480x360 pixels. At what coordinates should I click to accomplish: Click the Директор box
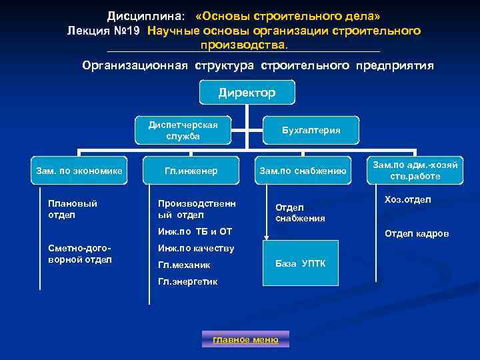247,93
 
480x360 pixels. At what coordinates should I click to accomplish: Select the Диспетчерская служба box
183,131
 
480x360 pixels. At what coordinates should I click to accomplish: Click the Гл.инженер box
191,171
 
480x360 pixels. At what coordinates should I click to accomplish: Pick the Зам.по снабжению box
303,171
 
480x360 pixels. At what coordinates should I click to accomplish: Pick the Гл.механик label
184,265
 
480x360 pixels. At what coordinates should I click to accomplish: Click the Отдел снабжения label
300,213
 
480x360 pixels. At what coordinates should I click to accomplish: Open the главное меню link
245,339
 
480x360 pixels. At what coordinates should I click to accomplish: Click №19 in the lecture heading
127,31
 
